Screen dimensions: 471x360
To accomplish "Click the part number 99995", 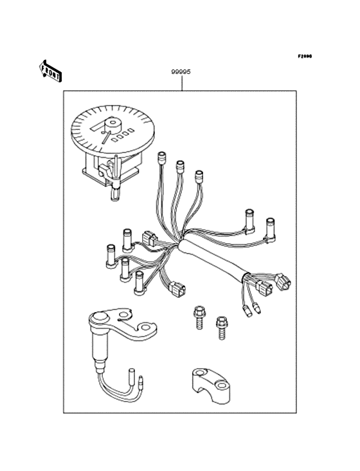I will click(181, 73).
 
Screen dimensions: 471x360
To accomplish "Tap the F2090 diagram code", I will click(304, 57).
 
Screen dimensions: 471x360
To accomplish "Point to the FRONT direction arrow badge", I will click(51, 71).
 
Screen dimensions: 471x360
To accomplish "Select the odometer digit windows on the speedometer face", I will click(122, 135).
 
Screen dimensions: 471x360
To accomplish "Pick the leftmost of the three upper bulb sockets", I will click(162, 158).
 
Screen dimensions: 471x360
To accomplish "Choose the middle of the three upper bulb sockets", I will click(181, 166).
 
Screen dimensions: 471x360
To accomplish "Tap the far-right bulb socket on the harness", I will click(271, 226).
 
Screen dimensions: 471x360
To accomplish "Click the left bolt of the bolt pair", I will click(198, 315).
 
